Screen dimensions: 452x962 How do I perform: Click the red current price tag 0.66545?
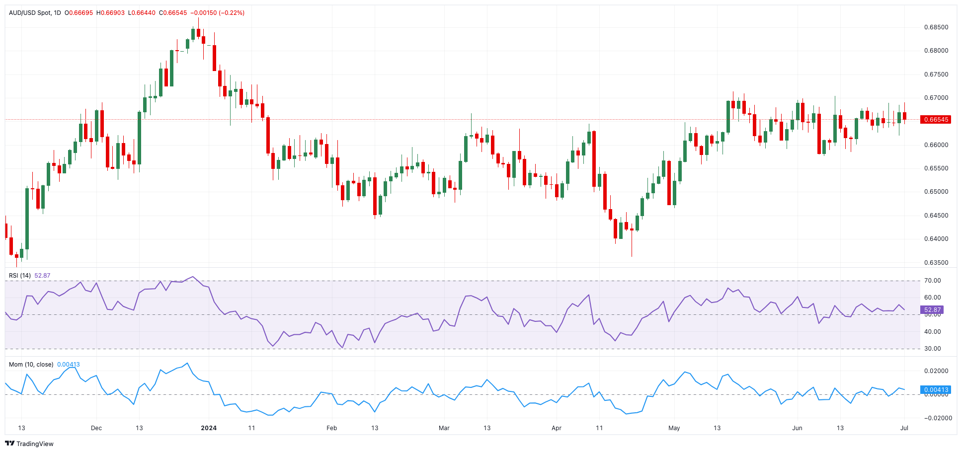point(935,120)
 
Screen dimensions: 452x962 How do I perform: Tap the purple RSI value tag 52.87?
point(932,310)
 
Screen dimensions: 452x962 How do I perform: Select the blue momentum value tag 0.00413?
point(935,390)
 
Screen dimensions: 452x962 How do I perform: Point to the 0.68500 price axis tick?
point(936,27)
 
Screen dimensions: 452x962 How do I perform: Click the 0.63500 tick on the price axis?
point(936,263)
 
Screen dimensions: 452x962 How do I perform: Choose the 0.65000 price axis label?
point(936,192)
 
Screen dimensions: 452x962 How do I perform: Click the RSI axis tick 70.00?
point(932,281)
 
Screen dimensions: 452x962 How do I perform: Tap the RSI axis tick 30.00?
point(932,349)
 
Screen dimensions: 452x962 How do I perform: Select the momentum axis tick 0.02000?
point(936,371)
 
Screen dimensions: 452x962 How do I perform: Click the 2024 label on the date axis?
point(209,428)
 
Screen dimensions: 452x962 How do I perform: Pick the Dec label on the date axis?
point(96,428)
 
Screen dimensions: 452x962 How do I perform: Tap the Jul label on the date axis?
point(904,428)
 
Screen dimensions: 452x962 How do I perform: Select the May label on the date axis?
point(674,428)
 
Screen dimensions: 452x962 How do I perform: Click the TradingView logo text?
point(35,444)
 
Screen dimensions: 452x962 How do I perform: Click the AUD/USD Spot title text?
point(30,13)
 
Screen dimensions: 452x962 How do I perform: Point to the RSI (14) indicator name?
point(20,276)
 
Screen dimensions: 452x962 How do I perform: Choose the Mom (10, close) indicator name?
point(31,365)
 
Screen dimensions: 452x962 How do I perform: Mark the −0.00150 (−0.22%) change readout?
point(218,13)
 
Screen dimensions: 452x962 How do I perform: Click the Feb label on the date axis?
point(331,428)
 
